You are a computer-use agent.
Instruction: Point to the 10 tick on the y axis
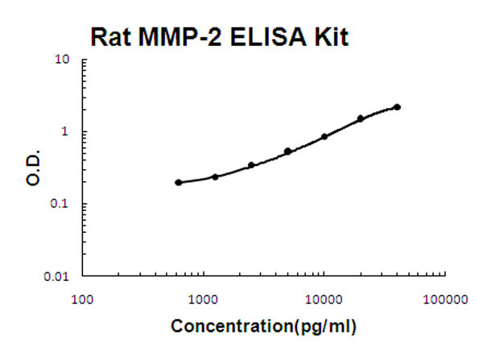pyautogui.click(x=61, y=60)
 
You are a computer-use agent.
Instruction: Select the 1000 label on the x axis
pyautogui.click(x=203, y=300)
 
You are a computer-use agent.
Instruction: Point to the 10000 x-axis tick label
pyautogui.click(x=324, y=300)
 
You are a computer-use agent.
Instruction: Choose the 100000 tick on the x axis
pyautogui.click(x=445, y=300)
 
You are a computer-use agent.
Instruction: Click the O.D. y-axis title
pyautogui.click(x=31, y=168)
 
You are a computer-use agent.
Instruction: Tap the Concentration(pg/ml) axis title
pyautogui.click(x=262, y=328)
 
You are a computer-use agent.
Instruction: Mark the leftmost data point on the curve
pyautogui.click(x=178, y=183)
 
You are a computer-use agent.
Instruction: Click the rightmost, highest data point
pyautogui.click(x=397, y=107)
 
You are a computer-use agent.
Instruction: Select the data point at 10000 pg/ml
pyautogui.click(x=324, y=137)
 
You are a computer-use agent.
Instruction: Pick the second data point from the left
pyautogui.click(x=215, y=176)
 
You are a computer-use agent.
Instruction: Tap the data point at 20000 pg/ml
pyautogui.click(x=361, y=118)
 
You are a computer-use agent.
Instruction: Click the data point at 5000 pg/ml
pyautogui.click(x=287, y=151)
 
